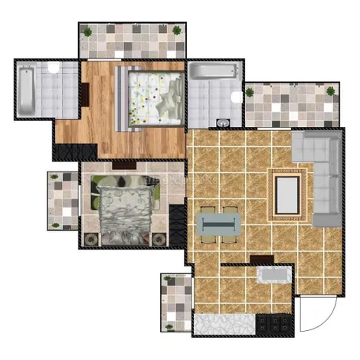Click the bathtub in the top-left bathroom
[x=25, y=91]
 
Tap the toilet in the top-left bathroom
[x=54, y=70]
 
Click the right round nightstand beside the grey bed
[x=160, y=238]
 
